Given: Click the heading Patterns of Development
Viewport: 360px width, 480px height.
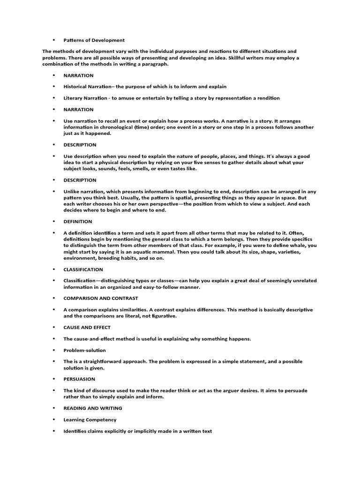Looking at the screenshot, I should point(94,40).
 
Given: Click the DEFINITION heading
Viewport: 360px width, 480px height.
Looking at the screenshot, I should point(78,221).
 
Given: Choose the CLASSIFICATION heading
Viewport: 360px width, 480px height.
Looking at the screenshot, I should point(83,270).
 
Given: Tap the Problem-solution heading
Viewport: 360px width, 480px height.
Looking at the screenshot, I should point(84,350).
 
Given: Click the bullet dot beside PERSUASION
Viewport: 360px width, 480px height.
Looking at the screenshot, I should point(54,379).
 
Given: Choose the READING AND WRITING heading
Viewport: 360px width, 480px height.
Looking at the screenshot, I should point(93,408).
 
